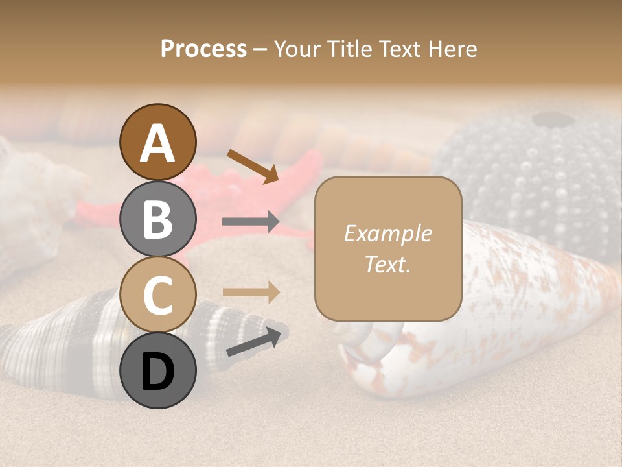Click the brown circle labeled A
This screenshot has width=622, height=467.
click(x=158, y=143)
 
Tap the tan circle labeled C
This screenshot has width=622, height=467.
click(x=158, y=294)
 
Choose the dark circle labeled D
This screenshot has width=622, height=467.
click(x=158, y=370)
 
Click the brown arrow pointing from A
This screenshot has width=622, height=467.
click(x=252, y=166)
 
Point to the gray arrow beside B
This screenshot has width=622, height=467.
click(x=251, y=222)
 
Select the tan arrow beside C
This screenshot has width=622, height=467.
click(x=251, y=292)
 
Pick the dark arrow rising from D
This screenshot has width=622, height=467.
click(x=257, y=342)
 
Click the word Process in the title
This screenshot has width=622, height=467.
click(x=203, y=49)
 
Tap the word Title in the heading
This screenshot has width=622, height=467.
click(x=350, y=49)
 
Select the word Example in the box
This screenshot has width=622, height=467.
click(x=387, y=233)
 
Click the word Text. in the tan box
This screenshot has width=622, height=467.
click(x=387, y=265)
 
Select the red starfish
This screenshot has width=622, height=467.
click(x=214, y=195)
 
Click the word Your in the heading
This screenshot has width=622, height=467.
click(x=297, y=49)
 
